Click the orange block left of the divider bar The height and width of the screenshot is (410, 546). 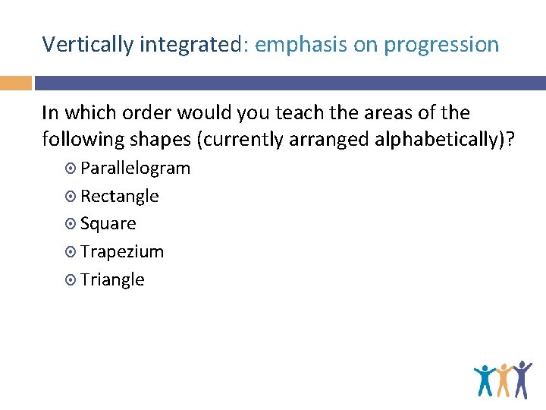pos(15,83)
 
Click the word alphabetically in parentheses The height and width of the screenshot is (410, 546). pos(444,140)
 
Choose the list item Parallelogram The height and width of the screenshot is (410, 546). pos(135,169)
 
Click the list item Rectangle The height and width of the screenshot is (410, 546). pos(119,196)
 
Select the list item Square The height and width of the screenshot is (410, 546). pos(108,224)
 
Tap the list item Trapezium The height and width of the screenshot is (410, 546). pos(121,251)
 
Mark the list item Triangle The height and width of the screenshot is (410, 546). pos(111,279)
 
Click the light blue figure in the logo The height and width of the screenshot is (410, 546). pos(484,380)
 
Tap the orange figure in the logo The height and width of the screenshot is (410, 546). pos(503,379)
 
